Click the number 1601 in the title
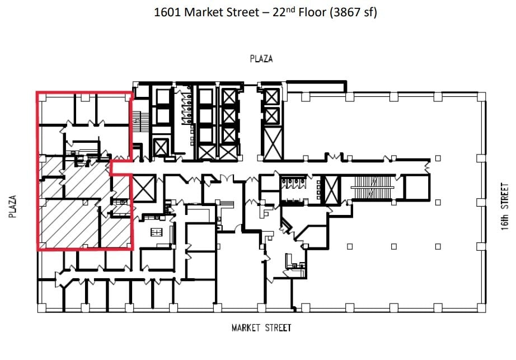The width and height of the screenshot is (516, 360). (x=168, y=12)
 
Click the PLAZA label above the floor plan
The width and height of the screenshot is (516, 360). (x=261, y=59)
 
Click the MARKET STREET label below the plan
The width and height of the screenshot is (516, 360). (x=261, y=328)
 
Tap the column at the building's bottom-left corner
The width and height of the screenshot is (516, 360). (x=40, y=307)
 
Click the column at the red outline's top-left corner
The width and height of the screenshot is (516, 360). (x=40, y=97)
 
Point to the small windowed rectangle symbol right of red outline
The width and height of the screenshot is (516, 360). (x=157, y=232)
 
